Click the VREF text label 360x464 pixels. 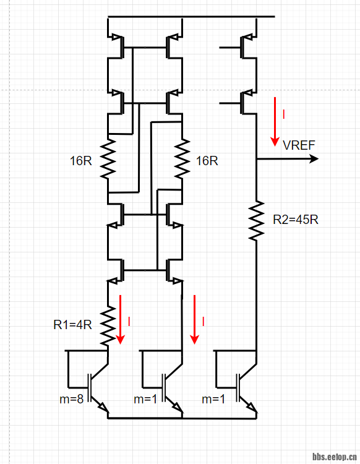(x=299, y=145)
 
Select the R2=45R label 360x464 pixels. (x=296, y=219)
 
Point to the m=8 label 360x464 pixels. (x=72, y=399)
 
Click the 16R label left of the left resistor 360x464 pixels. (x=81, y=161)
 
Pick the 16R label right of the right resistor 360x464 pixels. (x=207, y=161)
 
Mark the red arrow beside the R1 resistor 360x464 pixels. (x=121, y=319)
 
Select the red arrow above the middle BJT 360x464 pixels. (x=195, y=319)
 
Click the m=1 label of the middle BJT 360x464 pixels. (x=146, y=399)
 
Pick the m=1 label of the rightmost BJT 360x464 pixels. (x=214, y=399)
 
